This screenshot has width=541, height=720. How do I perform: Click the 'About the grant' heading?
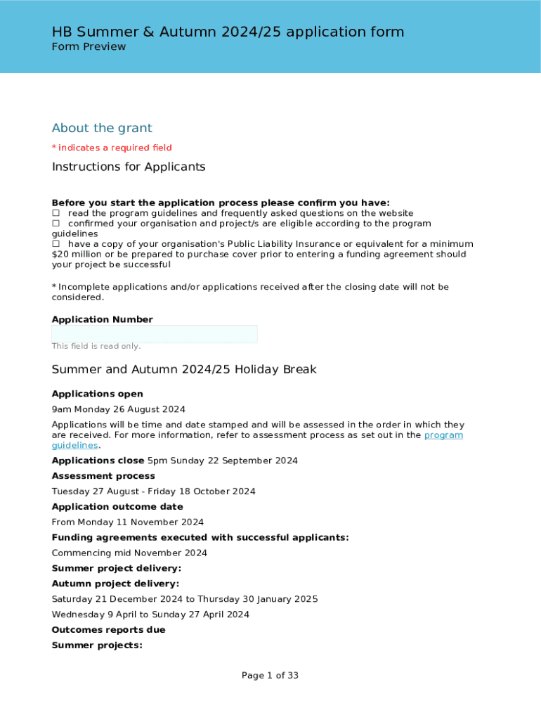[x=102, y=128]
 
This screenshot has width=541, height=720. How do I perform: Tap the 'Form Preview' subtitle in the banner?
[x=89, y=47]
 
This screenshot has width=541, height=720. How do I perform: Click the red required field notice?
[x=112, y=148]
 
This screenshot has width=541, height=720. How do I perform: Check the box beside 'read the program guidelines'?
[x=56, y=213]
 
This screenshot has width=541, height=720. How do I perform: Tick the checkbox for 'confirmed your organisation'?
[x=56, y=224]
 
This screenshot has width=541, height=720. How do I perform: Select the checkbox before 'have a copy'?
[x=56, y=244]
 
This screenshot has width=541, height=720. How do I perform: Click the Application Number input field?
[x=155, y=334]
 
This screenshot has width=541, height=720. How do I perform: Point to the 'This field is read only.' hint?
[x=96, y=346]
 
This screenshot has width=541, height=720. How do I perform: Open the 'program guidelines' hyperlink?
[x=443, y=435]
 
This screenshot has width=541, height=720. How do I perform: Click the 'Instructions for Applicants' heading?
[x=129, y=167]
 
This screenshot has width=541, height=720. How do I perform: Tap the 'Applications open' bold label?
[x=98, y=394]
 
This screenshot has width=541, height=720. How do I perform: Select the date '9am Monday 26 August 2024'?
[x=119, y=409]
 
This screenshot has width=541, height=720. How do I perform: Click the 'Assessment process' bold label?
[x=103, y=476]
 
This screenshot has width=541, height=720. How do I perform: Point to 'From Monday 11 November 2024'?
[x=128, y=522]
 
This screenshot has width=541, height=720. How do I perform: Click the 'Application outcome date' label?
[x=117, y=507]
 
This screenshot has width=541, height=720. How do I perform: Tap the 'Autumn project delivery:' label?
[x=115, y=584]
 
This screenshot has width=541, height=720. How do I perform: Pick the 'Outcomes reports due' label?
[x=109, y=630]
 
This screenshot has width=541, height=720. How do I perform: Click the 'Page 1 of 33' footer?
[x=270, y=676]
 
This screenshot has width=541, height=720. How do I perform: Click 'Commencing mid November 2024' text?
[x=129, y=553]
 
